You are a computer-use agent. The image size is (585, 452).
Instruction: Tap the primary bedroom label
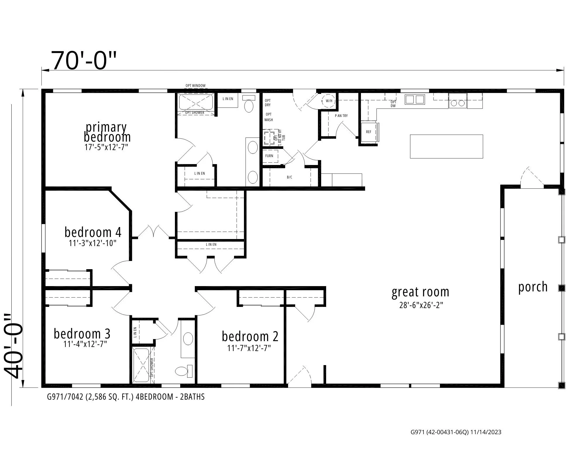click(107, 132)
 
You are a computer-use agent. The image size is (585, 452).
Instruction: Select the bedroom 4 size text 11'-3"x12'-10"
click(93, 243)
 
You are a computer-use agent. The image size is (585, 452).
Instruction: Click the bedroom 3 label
click(82, 334)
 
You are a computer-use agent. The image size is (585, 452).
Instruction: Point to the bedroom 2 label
click(250, 336)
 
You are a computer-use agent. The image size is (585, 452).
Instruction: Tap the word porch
click(533, 287)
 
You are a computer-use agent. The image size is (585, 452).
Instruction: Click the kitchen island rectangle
click(446, 146)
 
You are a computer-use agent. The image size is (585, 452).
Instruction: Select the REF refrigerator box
click(369, 132)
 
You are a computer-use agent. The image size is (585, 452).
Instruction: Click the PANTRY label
click(341, 116)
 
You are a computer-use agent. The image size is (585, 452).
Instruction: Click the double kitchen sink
click(415, 99)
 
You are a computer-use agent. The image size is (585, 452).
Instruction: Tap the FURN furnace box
click(269, 156)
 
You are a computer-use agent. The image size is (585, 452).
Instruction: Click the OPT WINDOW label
click(195, 86)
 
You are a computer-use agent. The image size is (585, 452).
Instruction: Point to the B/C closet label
click(289, 177)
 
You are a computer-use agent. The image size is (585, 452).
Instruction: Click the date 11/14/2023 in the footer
click(486, 432)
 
